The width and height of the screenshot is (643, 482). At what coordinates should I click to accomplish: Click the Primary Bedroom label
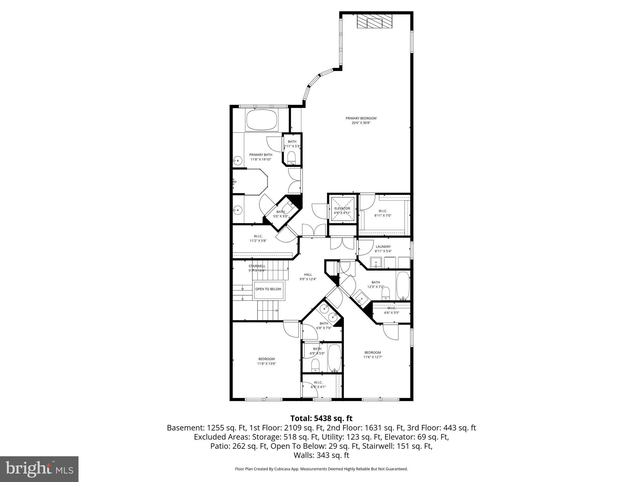pyautogui.click(x=361, y=120)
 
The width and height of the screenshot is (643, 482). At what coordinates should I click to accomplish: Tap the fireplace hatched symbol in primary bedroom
pyautogui.click(x=374, y=22)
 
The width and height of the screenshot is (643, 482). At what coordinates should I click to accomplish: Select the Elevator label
pyautogui.click(x=342, y=211)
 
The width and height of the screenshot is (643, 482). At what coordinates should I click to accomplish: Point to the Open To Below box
pyautogui.click(x=268, y=289)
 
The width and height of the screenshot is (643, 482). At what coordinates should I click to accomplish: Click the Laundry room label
pyautogui.click(x=383, y=249)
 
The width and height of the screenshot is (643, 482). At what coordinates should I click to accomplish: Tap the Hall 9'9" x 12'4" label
pyautogui.click(x=308, y=276)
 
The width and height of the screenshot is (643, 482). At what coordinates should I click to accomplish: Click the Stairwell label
pyautogui.click(x=257, y=268)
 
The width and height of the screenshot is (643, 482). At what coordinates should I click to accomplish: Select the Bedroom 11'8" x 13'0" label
pyautogui.click(x=266, y=361)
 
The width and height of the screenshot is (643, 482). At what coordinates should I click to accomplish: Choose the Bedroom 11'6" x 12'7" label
pyautogui.click(x=373, y=355)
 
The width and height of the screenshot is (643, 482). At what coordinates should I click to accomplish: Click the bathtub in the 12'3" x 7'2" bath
pyautogui.click(x=403, y=286)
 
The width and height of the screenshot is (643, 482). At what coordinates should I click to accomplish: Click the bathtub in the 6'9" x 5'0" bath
pyautogui.click(x=334, y=358)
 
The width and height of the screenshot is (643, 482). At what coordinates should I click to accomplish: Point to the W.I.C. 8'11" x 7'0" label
pyautogui.click(x=383, y=213)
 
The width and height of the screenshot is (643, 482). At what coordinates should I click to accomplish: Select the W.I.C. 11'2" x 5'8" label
pyautogui.click(x=258, y=238)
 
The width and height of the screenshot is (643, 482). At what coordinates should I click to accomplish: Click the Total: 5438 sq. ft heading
pyautogui.click(x=321, y=418)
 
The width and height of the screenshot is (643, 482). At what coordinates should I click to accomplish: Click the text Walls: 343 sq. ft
pyautogui.click(x=321, y=455)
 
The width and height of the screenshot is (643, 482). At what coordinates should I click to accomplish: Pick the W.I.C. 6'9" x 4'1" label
pyautogui.click(x=318, y=384)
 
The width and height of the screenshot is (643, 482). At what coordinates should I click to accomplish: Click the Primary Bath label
pyautogui.click(x=261, y=157)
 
